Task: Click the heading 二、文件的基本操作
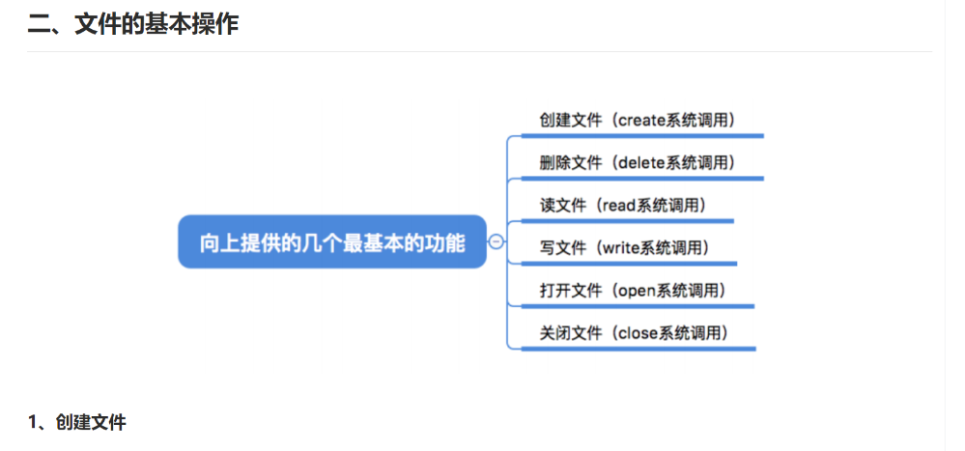133,25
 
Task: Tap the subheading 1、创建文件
77,422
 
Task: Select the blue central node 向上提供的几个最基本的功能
331,242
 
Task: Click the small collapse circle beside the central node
497,242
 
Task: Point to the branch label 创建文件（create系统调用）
638,120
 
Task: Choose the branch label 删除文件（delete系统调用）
638,162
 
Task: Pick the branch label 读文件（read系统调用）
623,205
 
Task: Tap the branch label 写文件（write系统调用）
625,247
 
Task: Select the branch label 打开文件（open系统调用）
633,290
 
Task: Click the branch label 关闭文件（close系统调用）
634,333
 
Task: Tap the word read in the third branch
618,205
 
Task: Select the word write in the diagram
620,247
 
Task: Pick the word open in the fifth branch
635,290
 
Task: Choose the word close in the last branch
637,333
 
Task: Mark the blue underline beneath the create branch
641,136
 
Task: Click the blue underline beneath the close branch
638,349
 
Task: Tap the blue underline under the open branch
637,306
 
